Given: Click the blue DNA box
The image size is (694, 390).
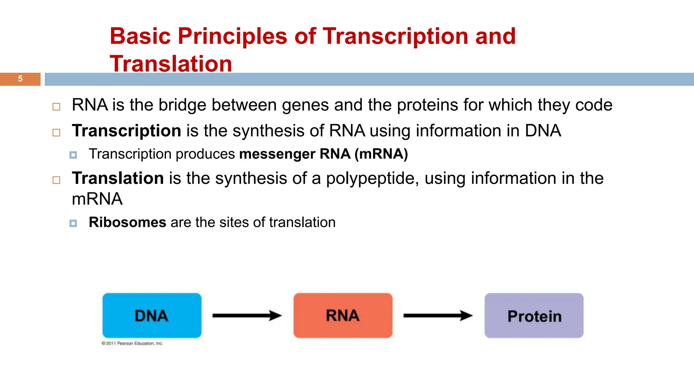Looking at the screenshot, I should click(152, 315).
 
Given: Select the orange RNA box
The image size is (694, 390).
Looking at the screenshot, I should click(343, 315).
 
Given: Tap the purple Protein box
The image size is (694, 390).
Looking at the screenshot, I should click(534, 315).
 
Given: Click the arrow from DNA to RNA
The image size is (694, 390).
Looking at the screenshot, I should click(247, 316).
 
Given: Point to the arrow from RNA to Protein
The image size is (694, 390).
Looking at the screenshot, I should click(437, 316).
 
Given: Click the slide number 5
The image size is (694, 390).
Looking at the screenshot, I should click(20, 79).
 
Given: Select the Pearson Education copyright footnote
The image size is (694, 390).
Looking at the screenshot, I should click(132, 343).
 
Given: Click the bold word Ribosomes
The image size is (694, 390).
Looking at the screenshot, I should click(127, 222).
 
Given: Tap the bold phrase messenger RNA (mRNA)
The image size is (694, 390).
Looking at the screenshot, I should click(323, 154).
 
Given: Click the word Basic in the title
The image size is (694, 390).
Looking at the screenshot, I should click(140, 36).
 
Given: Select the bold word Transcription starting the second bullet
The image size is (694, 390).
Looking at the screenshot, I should click(126, 131).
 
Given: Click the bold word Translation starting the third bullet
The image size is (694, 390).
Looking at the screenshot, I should click(118, 178).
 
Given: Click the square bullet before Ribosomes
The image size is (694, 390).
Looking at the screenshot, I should click(73, 223).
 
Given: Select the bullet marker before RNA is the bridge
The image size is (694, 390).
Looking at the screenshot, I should click(56, 107).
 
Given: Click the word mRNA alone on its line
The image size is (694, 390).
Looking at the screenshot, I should click(97, 199).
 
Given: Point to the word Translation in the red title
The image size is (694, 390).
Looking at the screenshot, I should click(171, 64).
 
